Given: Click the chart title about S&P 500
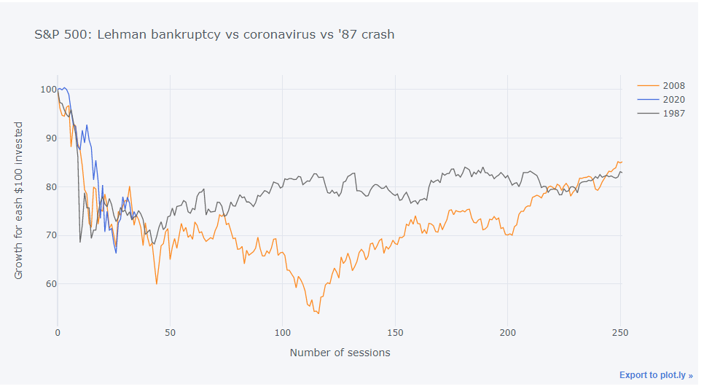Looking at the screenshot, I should (x=214, y=34).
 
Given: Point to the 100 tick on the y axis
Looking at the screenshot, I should (x=48, y=90).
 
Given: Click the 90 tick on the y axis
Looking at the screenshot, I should (x=50, y=138).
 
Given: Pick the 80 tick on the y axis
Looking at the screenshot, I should (x=50, y=186).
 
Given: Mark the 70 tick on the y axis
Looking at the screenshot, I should (x=50, y=235).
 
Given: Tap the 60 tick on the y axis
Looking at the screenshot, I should (x=50, y=284).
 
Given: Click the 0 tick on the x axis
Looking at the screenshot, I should (x=58, y=333).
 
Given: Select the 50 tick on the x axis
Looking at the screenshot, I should (x=170, y=333).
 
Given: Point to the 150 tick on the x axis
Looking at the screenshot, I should (x=395, y=333).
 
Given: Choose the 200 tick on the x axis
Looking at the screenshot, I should (x=508, y=333).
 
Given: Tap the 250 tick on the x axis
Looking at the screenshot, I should (x=620, y=333).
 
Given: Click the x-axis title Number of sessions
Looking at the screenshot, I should (x=340, y=353).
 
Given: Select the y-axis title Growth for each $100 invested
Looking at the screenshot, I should (x=19, y=200).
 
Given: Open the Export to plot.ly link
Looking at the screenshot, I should (x=656, y=375).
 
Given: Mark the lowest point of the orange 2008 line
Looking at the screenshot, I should (x=318, y=313).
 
